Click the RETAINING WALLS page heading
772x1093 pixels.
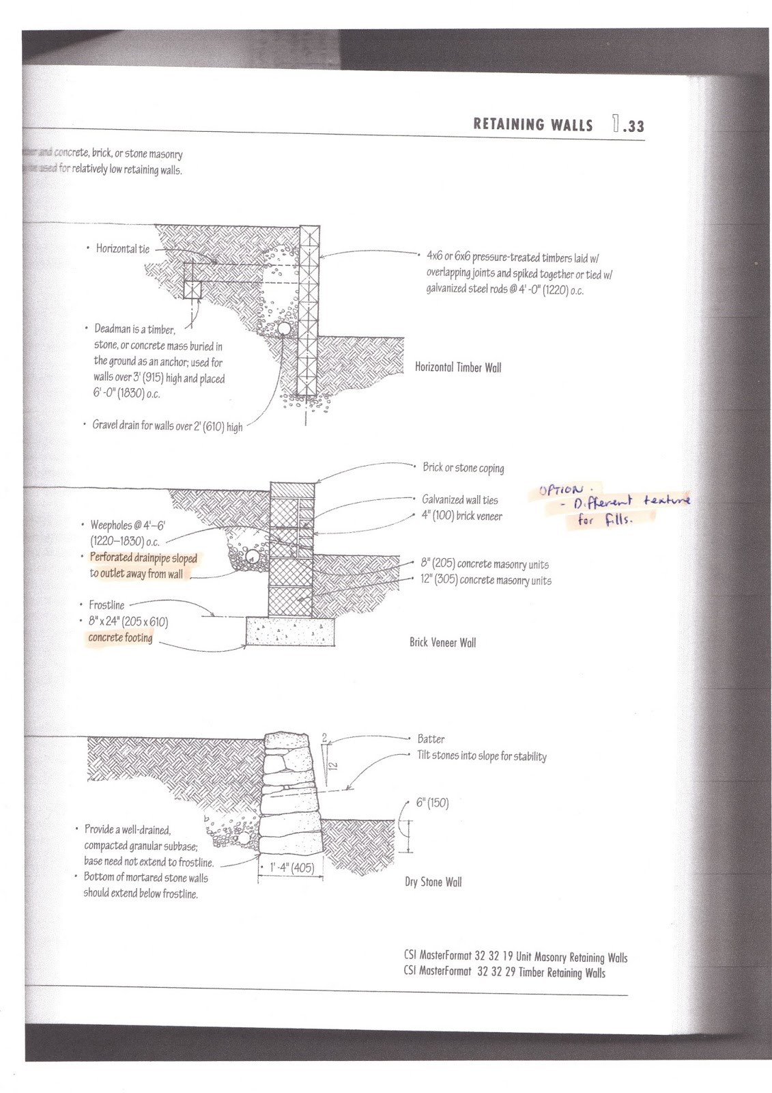coord(532,124)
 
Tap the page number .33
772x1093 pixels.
coord(629,124)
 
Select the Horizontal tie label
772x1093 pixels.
coord(122,249)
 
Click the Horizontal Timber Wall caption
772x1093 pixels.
coord(458,368)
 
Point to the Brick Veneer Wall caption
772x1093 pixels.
coord(442,643)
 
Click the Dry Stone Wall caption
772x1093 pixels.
coord(433,882)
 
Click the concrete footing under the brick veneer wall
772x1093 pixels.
coord(289,633)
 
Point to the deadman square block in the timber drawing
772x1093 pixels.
coord(194,289)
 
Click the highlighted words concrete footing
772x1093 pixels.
coord(120,638)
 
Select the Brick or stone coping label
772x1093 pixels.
coord(463,468)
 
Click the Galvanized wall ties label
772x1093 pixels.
coord(459,500)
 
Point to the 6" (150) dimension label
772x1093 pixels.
coord(432,803)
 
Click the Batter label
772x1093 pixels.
coord(431,738)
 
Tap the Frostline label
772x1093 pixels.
coord(106,605)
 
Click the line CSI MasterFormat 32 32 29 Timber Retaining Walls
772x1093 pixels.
coord(504,973)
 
